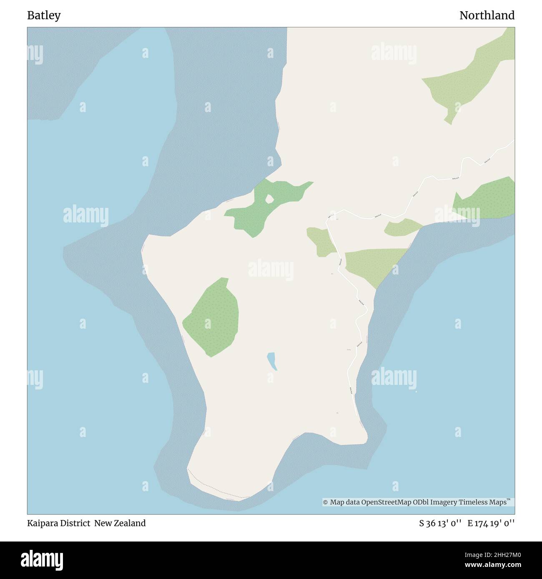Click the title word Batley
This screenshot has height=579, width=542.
pos(44,15)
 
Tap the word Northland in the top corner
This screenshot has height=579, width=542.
pos(487,15)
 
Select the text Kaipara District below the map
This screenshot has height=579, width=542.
pos(59,523)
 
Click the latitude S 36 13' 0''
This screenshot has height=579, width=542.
pos(440,523)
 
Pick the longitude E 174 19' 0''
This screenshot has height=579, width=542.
pos(491,523)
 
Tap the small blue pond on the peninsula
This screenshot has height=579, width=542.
pos(272,361)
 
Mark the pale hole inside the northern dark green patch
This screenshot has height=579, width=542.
pos(269,200)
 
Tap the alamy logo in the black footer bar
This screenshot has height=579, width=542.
pos(42,559)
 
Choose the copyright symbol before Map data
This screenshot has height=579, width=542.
pos(326,502)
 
